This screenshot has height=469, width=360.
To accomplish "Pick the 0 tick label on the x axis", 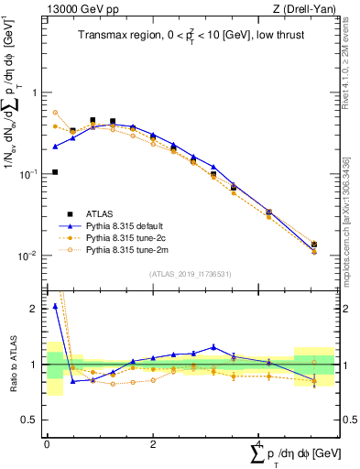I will tap(47, 444).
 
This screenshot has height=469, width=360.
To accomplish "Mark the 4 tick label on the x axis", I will tap(259, 444).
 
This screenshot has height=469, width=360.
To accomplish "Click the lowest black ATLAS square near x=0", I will tap(55, 171).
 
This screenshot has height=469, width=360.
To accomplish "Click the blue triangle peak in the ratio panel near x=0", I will tap(55, 306).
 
